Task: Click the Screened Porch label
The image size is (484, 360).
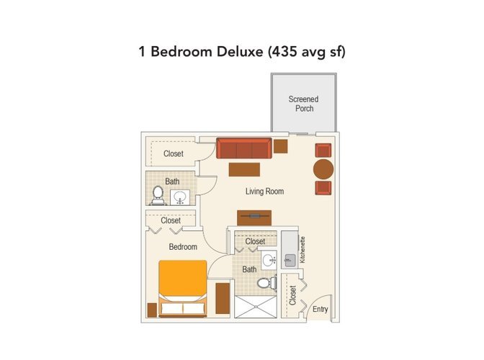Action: pos(303,104)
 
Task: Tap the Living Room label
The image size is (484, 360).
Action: pos(264,192)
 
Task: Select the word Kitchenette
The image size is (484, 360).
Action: pos(302,250)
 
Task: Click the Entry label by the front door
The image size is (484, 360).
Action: pos(320,309)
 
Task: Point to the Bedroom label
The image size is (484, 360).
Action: pos(183,247)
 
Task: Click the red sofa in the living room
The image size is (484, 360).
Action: pos(244,148)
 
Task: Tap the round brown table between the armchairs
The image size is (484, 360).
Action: pos(323,169)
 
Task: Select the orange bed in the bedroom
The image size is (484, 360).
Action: pos(183,289)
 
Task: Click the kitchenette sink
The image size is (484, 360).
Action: pos(290,261)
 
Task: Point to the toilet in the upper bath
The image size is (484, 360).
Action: pos(158,196)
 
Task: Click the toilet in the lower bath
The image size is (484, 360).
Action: pos(266,283)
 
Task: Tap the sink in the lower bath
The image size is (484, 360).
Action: pos(269,260)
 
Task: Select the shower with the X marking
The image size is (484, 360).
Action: pos(255,307)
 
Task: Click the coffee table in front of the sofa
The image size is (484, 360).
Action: pos(244,170)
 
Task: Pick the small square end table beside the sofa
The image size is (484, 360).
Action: pos(281,146)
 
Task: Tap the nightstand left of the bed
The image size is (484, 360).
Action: pos(152,310)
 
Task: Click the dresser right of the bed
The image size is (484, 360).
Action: pos(223,298)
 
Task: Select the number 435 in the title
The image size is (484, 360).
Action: pos(283,51)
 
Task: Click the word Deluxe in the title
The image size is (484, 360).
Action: pos(240,51)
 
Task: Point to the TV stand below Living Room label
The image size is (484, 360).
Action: pos(254,217)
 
